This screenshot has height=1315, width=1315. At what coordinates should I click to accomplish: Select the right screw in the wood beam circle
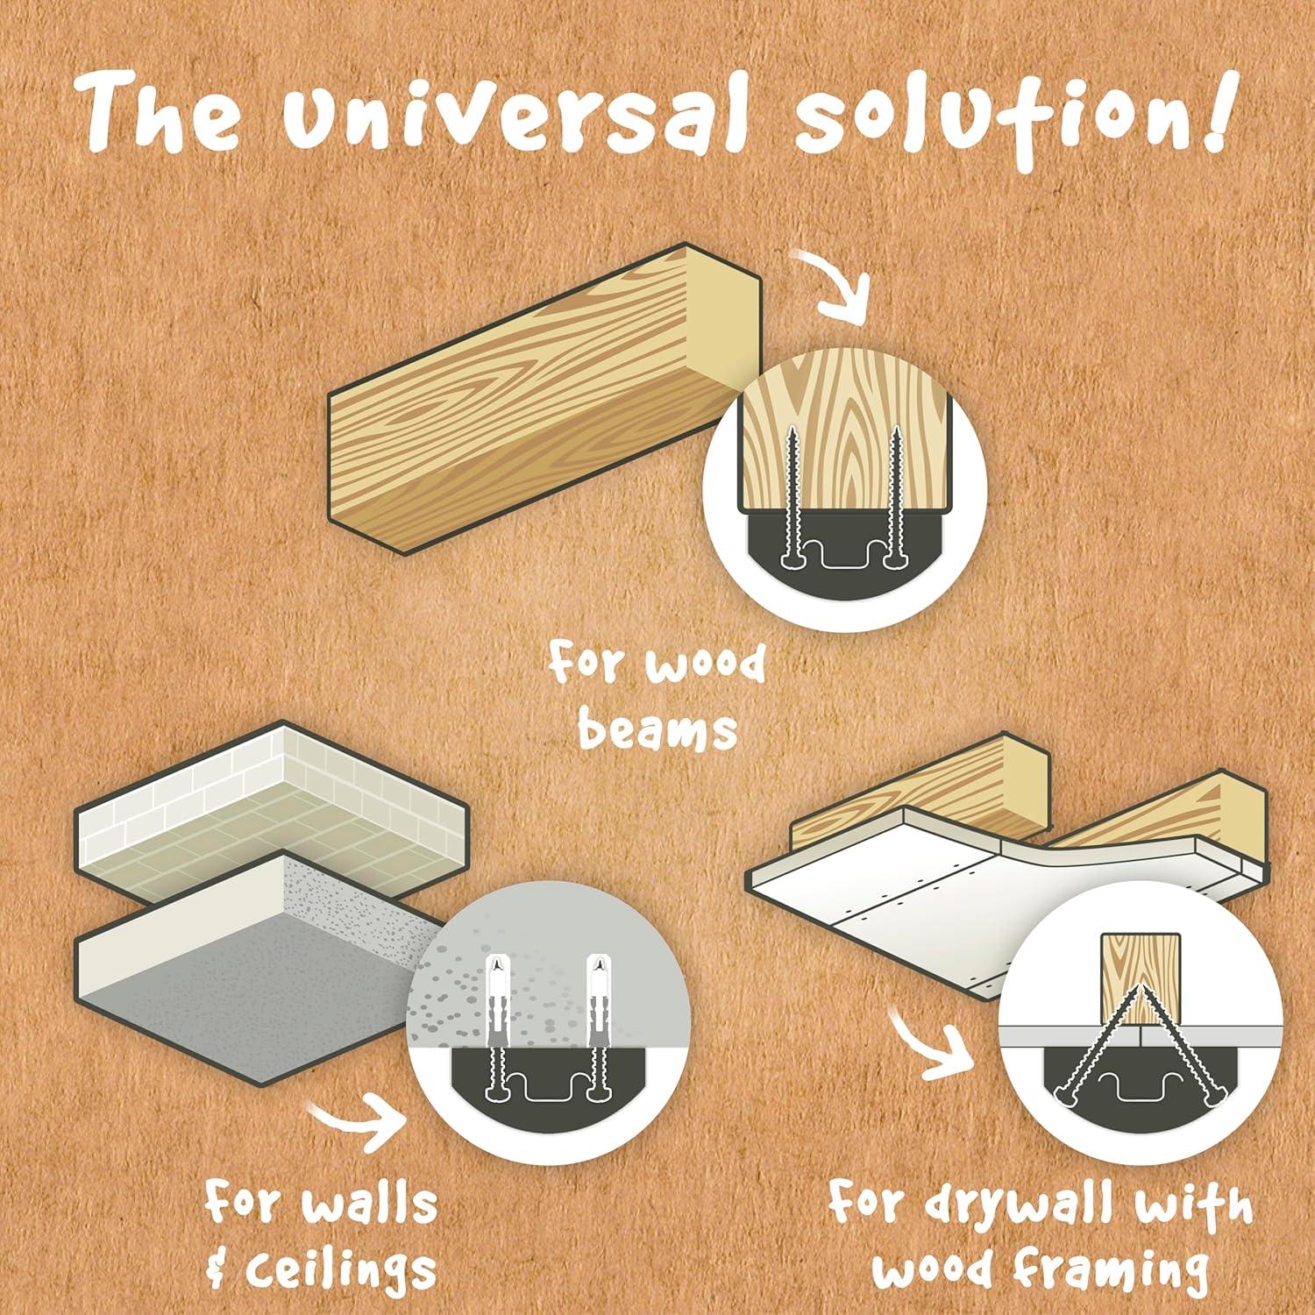[895, 495]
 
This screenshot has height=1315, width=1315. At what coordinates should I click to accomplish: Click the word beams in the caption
[658, 729]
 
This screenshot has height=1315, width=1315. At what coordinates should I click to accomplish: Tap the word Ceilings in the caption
[343, 1266]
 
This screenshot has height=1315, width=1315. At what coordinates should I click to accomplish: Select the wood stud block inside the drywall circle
[1140, 979]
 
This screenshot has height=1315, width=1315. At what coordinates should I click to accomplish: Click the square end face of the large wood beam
[722, 320]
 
